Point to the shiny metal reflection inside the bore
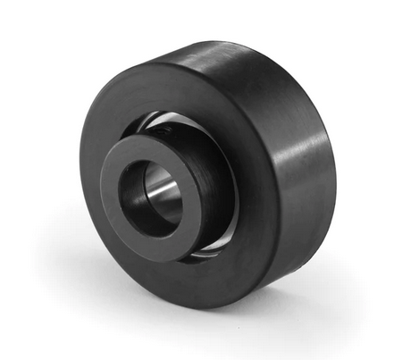point(166,193)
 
